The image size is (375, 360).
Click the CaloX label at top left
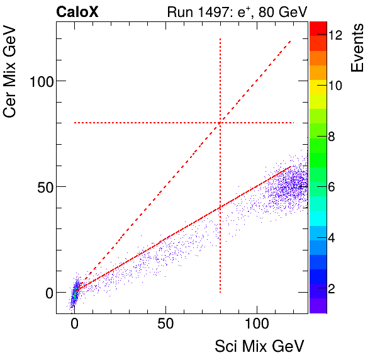click(77, 11)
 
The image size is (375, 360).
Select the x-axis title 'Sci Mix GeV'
click(260, 346)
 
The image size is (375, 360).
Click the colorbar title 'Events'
click(358, 48)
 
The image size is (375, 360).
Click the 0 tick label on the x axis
click(75, 325)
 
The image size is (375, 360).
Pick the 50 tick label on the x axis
click(165, 325)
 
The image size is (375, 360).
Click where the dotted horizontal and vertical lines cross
click(220, 123)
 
